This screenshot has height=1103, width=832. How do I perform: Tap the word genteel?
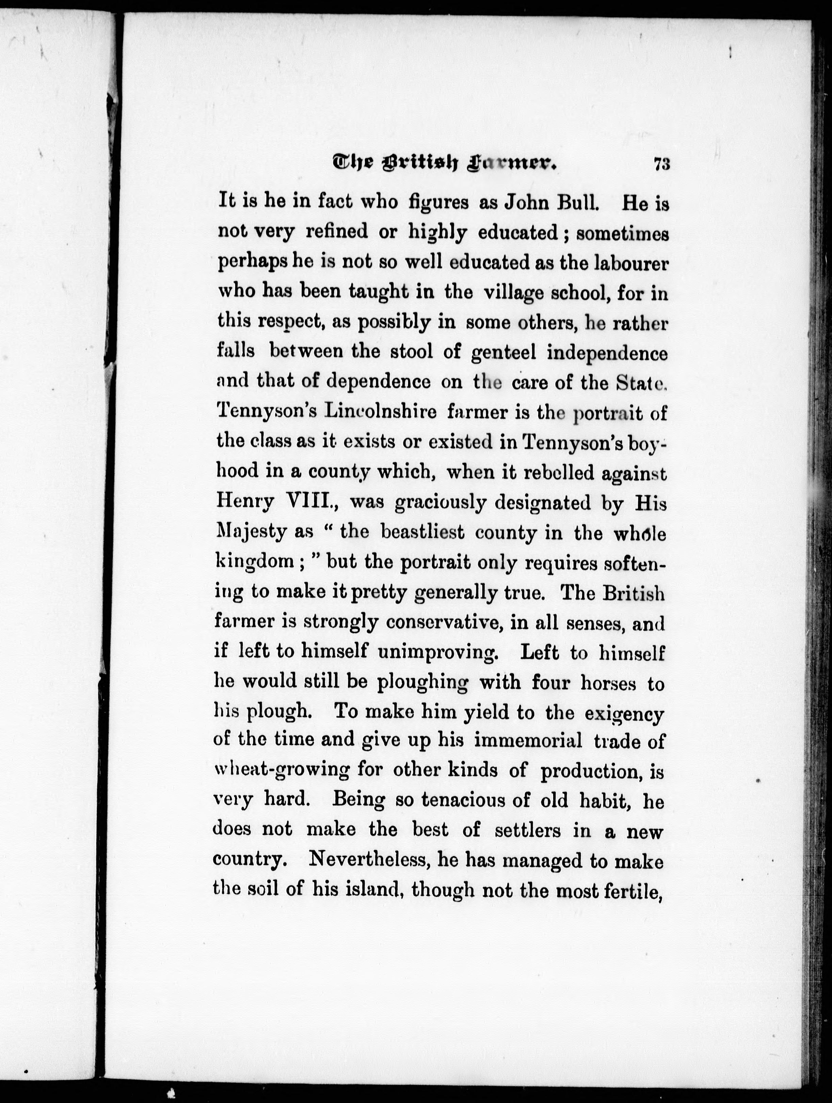coord(503,353)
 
